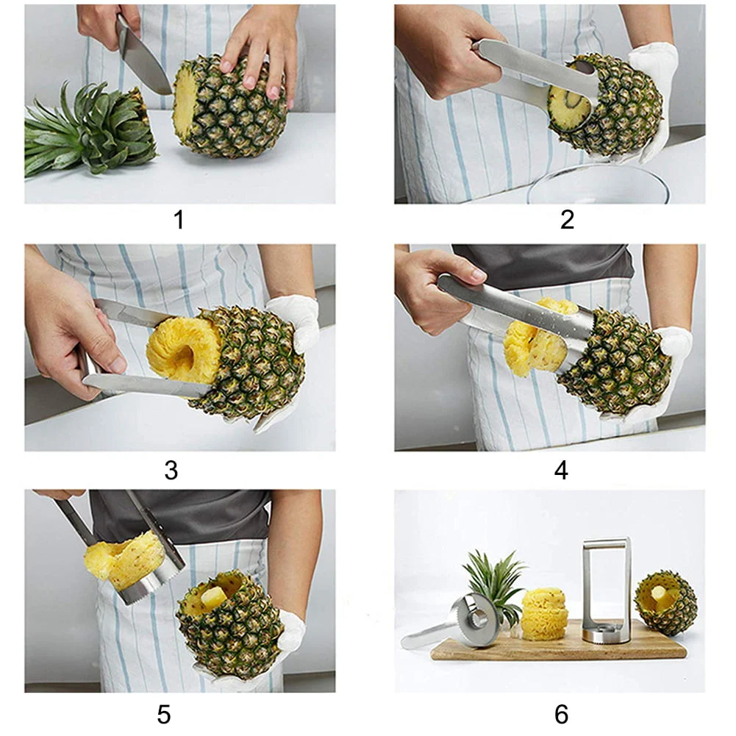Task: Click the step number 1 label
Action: coord(179,219)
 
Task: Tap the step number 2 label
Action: coord(567,219)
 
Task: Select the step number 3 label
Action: coord(171,469)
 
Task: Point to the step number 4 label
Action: coord(561,469)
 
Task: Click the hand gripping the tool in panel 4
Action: coord(434,283)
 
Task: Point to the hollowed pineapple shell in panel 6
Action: coord(665,603)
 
